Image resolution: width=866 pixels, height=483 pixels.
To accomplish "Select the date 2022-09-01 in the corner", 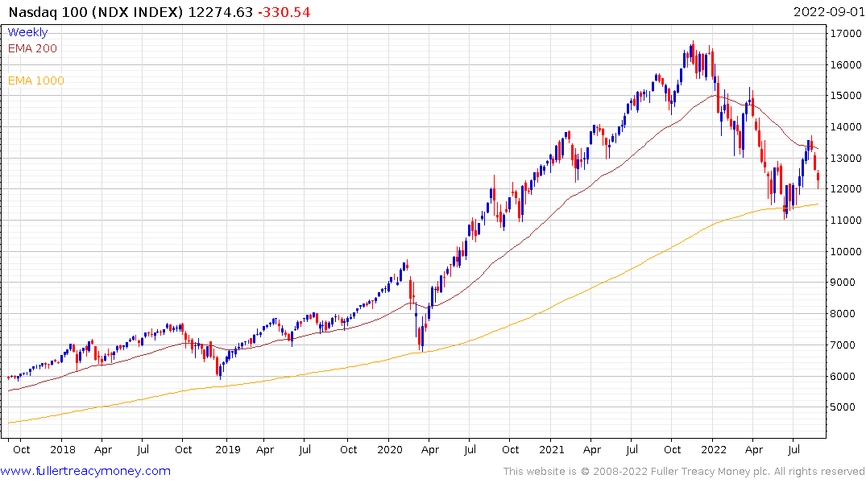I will (x=827, y=12).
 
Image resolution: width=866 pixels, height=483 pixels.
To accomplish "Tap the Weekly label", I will (x=27, y=32).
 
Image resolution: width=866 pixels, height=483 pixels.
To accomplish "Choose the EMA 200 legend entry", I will (x=32, y=48).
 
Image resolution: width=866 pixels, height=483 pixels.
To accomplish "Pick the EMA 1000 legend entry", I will (x=35, y=80).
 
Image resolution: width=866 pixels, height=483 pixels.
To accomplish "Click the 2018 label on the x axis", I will (x=63, y=449).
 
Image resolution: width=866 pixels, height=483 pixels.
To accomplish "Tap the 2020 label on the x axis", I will (x=390, y=449).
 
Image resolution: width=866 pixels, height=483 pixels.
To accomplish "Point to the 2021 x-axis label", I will (x=552, y=449).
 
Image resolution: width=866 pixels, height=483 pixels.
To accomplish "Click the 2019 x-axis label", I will (x=228, y=449).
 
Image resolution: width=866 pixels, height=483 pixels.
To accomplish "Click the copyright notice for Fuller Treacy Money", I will (x=684, y=472).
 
